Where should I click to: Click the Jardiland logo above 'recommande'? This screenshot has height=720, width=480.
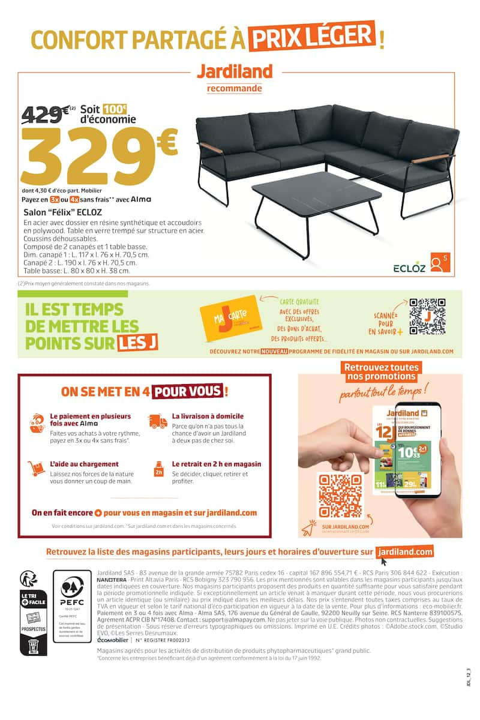tap(235, 71)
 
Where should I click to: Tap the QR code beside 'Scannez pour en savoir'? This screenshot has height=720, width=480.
tap(427, 316)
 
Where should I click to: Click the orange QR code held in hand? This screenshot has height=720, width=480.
tap(340, 496)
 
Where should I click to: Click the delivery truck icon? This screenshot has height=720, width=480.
tap(158, 422)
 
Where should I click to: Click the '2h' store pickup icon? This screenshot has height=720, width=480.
tap(159, 469)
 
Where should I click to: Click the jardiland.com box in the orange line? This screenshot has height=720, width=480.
tap(405, 552)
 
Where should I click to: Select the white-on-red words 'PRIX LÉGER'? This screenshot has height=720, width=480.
tap(312, 37)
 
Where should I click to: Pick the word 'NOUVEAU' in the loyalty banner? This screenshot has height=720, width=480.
tap(274, 351)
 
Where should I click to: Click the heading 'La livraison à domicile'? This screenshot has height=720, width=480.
tap(208, 416)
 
